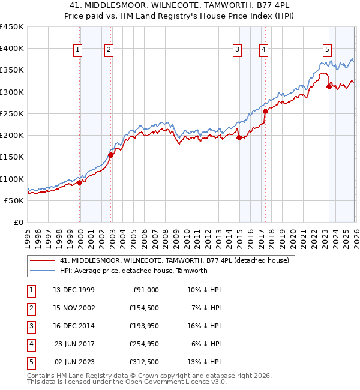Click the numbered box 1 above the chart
click(x=79, y=50)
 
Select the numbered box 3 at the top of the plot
click(x=238, y=50)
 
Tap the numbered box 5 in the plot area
click(x=327, y=50)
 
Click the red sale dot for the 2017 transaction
click(x=265, y=111)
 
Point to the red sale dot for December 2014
click(x=239, y=137)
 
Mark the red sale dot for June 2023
click(x=328, y=86)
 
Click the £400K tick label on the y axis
click(x=12, y=49)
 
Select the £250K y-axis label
click(x=12, y=113)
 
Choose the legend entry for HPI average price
click(x=133, y=271)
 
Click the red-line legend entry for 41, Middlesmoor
click(x=175, y=260)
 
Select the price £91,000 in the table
click(x=145, y=290)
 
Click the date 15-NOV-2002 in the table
click(x=74, y=308)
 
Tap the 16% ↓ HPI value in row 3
click(x=205, y=326)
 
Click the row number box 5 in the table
click(x=30, y=362)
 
